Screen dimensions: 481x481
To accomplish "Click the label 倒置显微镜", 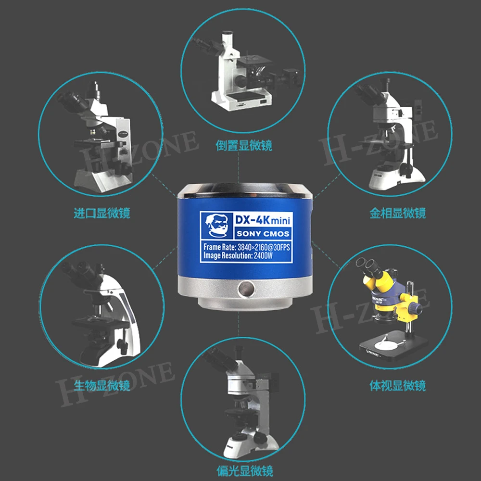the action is click(x=244, y=145).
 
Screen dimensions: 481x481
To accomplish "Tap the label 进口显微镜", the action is click(x=102, y=213).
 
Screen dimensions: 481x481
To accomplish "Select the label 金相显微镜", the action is click(x=398, y=213).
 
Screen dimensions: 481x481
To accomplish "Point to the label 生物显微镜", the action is click(x=102, y=385).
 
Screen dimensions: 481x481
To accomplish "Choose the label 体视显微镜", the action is click(x=398, y=385).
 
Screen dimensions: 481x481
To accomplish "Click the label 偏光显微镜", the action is click(x=245, y=471).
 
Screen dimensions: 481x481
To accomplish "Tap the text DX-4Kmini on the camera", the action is click(x=263, y=220).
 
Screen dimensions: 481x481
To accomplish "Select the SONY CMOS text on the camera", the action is click(x=263, y=234).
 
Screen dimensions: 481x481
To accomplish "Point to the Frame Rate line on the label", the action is click(x=246, y=247).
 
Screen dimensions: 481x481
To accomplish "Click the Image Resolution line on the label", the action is click(x=238, y=255).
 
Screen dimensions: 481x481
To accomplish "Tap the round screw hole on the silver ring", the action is click(x=246, y=289).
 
